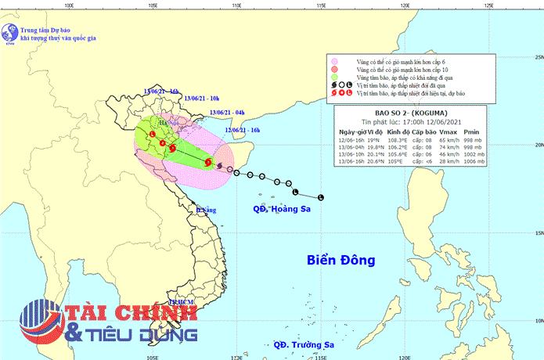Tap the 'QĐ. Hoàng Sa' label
point(287,209)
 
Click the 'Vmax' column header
point(449,132)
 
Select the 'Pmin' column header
point(473,132)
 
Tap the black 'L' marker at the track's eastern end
point(320,196)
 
